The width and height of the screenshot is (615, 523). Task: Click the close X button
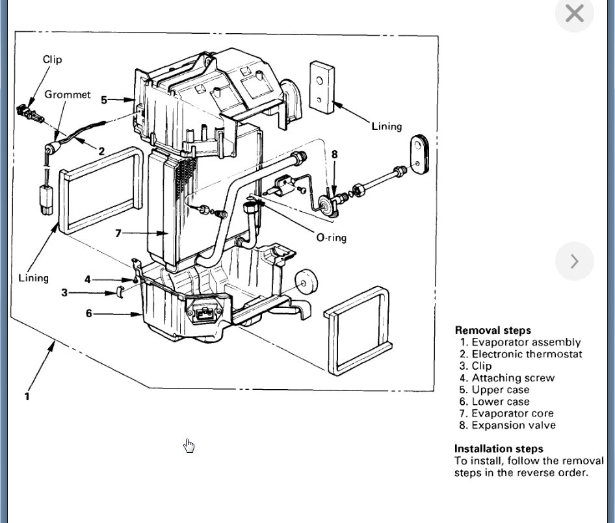(575, 14)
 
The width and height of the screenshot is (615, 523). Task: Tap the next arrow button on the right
(574, 261)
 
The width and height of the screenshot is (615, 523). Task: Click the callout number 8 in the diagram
(334, 154)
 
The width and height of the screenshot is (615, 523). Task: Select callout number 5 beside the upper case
(104, 99)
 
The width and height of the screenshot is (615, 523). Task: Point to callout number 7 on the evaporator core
(118, 233)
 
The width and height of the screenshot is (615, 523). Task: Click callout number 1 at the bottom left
(27, 396)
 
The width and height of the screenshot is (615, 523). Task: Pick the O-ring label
(331, 238)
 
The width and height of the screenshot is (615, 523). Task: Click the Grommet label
(68, 94)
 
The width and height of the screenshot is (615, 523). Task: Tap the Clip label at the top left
(52, 59)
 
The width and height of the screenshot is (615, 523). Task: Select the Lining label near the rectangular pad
(386, 126)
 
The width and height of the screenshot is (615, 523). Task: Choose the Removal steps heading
(492, 330)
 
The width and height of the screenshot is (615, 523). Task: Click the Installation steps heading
(498, 448)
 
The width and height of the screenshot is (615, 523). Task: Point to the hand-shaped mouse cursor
(189, 445)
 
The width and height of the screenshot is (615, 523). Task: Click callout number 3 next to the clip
(64, 293)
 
